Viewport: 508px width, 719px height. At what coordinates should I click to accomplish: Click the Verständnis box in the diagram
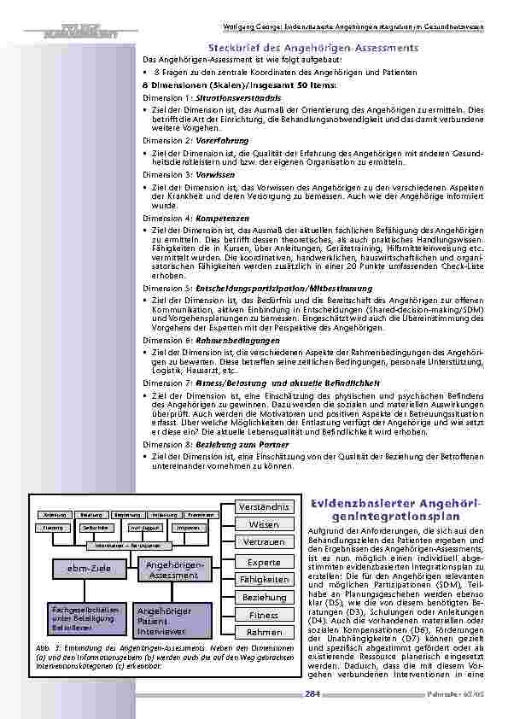(x=264, y=507)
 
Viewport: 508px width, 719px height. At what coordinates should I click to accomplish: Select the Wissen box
(x=264, y=524)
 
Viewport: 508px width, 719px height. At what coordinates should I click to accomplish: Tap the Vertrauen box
(x=264, y=542)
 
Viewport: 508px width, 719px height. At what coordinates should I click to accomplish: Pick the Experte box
(x=264, y=562)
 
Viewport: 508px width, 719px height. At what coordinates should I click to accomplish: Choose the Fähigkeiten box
(x=264, y=580)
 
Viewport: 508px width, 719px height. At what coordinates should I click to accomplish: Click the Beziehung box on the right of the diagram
(x=264, y=598)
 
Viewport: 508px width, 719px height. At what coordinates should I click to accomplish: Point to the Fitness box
(x=264, y=615)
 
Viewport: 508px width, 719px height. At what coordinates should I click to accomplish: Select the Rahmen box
(x=264, y=633)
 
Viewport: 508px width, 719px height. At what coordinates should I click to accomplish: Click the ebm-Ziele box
(x=84, y=569)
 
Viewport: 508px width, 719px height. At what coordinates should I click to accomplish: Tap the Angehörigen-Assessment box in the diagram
(x=172, y=570)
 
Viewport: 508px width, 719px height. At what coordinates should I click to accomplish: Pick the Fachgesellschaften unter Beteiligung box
(x=84, y=619)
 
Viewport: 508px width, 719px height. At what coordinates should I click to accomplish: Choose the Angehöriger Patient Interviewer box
(x=172, y=621)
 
